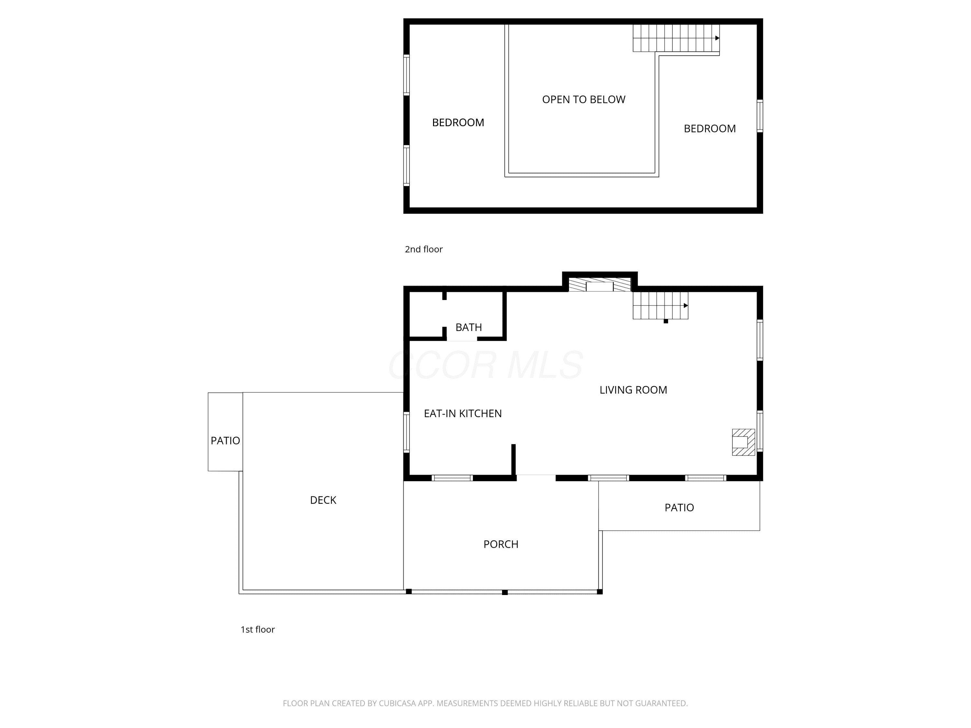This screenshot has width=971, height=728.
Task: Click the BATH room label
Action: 468,327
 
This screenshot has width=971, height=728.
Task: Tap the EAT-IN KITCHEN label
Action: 463,414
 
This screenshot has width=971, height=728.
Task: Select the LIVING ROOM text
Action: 633,390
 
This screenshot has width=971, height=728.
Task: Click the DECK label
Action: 323,500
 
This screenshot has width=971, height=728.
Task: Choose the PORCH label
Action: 501,544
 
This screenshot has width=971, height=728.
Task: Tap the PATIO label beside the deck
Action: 225,441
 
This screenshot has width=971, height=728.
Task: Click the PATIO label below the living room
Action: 679,508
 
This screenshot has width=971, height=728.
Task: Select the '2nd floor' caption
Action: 424,249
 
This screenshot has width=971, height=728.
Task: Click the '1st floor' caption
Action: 258,629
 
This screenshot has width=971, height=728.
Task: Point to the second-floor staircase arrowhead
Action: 717,38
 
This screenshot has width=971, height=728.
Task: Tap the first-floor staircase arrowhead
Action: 686,305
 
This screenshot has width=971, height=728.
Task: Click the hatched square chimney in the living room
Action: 743,442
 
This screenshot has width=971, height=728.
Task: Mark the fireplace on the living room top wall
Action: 600,284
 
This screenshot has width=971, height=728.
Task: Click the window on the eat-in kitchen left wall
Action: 407,432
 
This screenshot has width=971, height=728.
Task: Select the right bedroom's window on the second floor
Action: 760,116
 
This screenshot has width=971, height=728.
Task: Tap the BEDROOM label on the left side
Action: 458,122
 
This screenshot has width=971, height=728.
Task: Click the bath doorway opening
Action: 462,339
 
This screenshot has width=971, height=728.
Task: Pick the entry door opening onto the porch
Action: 536,478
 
